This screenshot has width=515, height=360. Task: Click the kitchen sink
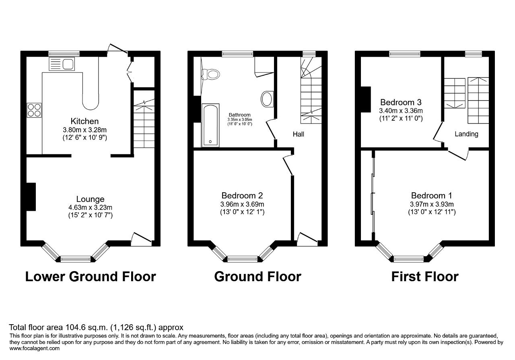pyautogui.click(x=62, y=64)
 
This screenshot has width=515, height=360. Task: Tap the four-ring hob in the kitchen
pyautogui.click(x=34, y=110)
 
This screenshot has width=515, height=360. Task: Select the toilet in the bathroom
pyautogui.click(x=211, y=74)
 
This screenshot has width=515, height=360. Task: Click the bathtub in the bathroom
pyautogui.click(x=210, y=125)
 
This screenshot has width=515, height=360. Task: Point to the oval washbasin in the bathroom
pyautogui.click(x=267, y=99)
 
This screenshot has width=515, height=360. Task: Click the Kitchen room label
pyautogui.click(x=84, y=121)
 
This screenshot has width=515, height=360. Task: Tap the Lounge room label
pyautogui.click(x=91, y=199)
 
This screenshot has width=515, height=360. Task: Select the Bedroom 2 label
pyautogui.click(x=242, y=195)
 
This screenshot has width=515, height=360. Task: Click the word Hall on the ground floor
pyautogui.click(x=299, y=134)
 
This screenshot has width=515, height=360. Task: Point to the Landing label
pyautogui.click(x=466, y=134)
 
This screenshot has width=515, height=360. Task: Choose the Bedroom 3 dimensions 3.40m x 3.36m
pyautogui.click(x=401, y=111)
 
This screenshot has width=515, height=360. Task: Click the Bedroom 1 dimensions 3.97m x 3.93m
pyautogui.click(x=432, y=204)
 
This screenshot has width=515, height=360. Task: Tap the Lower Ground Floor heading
pyautogui.click(x=91, y=277)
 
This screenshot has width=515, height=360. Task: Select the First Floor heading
pyautogui.click(x=425, y=277)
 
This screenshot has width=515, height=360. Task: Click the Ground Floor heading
pyautogui.click(x=258, y=277)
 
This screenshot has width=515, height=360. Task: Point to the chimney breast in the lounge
pyautogui.click(x=31, y=197)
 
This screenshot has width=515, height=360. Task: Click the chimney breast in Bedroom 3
pyautogui.click(x=366, y=99)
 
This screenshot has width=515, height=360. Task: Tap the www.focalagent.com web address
pyautogui.click(x=35, y=348)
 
